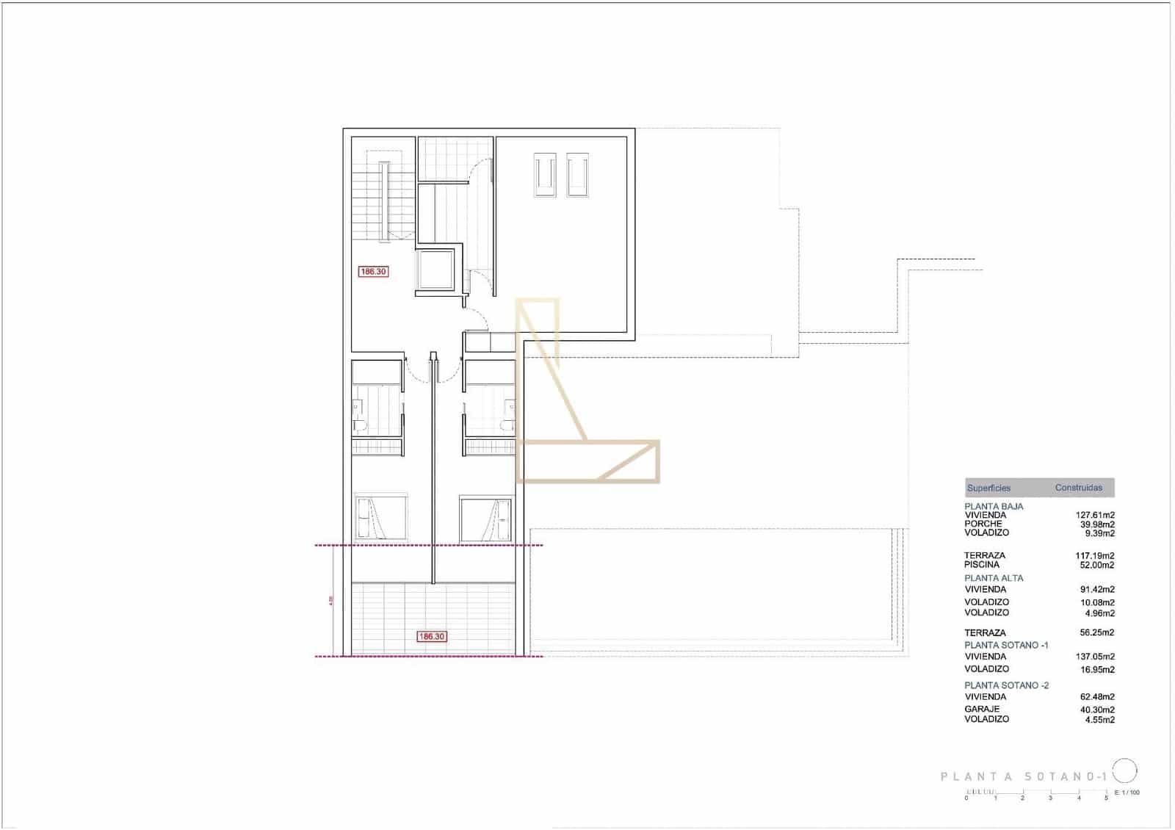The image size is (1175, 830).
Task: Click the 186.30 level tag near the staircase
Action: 373,272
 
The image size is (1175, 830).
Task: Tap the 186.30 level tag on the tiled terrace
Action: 431,636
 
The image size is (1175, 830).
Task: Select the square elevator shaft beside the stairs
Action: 435,270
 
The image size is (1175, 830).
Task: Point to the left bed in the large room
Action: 545,175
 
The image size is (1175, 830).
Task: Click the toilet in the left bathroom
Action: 359,425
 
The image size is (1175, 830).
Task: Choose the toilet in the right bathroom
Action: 507,424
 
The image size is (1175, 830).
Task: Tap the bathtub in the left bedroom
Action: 380,518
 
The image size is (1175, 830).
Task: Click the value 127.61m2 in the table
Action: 1094,515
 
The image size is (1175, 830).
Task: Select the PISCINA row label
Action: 981,565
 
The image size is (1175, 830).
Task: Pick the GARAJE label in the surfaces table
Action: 982,709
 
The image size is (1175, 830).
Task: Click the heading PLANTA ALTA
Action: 994,578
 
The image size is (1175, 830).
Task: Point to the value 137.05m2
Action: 1094,657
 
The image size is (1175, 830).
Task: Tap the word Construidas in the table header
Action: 1078,488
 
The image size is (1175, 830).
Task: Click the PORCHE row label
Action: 983,524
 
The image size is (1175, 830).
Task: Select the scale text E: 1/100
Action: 1127,793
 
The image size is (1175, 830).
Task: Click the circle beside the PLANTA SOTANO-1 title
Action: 1125,771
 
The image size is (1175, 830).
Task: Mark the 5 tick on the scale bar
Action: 1106,798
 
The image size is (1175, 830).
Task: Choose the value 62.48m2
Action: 1097,697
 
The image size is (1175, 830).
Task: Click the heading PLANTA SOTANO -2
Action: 1006,685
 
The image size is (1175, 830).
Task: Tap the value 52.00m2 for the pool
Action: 1096,565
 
